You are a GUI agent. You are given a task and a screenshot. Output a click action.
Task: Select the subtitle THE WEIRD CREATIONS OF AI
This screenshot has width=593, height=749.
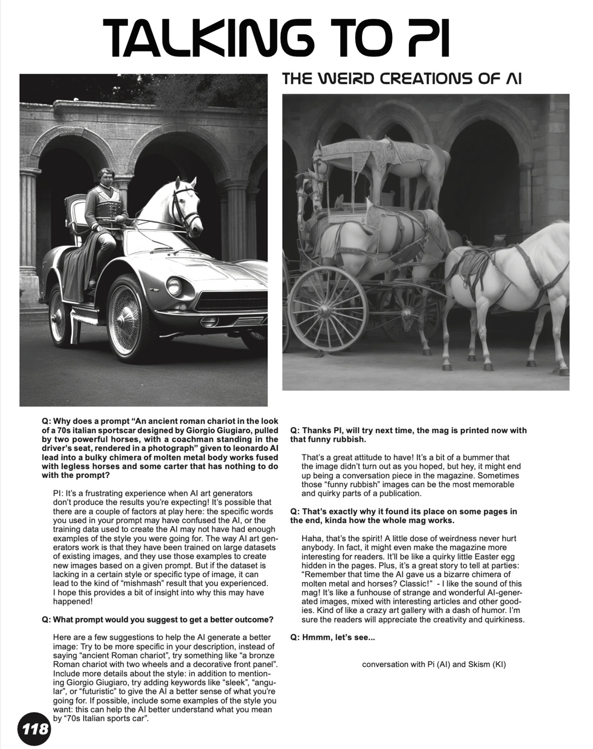pos(402,78)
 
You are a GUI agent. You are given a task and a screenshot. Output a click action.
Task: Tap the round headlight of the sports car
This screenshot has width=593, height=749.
pos(174,286)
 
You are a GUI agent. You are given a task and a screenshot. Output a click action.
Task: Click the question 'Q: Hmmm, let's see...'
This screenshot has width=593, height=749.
pos(332,637)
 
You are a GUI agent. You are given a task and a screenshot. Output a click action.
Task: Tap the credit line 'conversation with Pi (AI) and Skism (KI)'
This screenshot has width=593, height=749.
pos(434,664)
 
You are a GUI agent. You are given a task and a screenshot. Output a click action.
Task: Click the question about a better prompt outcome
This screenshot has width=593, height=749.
pos(158,620)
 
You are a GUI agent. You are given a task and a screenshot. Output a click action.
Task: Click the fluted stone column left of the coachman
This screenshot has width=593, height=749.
pos(30,225)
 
